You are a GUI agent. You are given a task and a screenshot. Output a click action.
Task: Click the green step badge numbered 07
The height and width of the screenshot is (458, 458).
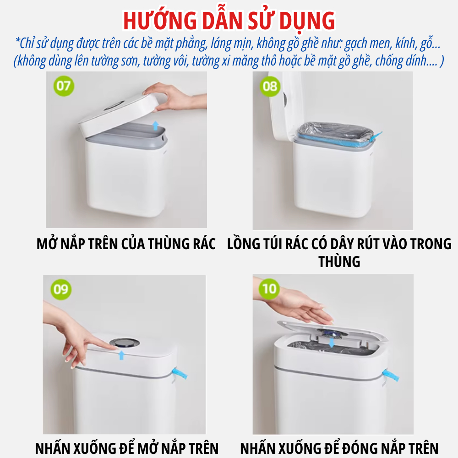pos(64,86)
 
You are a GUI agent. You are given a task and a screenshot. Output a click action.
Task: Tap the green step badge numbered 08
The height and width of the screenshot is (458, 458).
pos(270,87)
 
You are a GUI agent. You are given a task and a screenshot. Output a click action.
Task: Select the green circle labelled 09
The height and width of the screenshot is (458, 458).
pos(61,289)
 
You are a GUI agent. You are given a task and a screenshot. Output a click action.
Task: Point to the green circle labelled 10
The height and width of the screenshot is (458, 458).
pos(269,289)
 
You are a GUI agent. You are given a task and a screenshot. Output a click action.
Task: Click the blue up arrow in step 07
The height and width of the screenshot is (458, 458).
pos(156,125)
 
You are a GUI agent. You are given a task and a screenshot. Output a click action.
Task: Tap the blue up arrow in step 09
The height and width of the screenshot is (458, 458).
pos(121,355)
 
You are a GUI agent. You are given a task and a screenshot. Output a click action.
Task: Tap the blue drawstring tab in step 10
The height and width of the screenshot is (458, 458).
pos(391,375)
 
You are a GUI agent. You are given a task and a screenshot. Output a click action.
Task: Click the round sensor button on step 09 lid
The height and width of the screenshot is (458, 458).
pos(125,343)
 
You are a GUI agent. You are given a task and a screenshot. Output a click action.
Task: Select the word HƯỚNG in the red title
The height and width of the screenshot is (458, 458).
pos(160,21)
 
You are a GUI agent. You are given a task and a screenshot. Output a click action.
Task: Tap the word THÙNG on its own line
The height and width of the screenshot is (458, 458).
pos(339,262)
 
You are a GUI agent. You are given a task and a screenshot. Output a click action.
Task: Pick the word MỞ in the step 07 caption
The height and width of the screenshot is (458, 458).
pos(47,244)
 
